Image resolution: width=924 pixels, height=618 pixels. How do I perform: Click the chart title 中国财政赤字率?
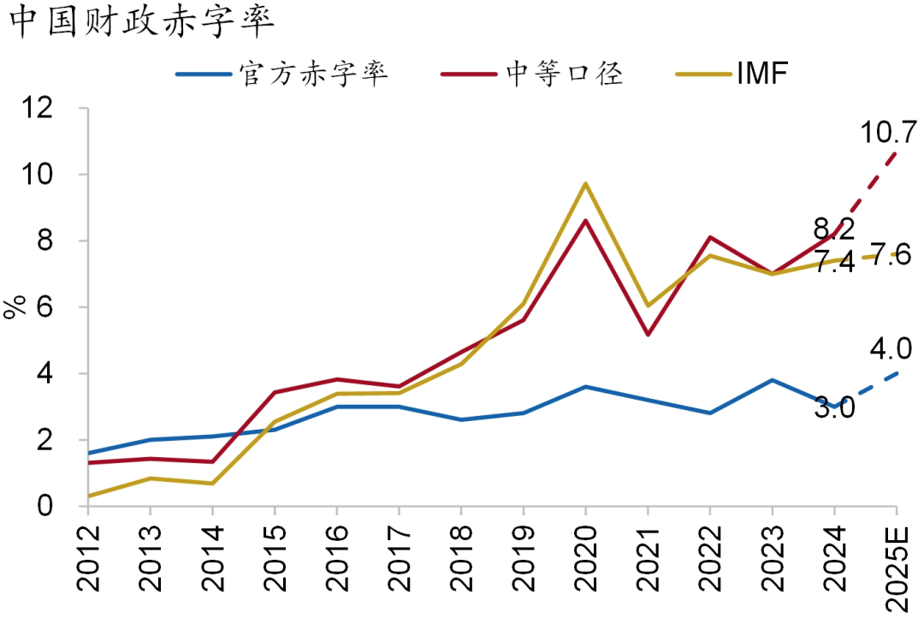tap(141, 23)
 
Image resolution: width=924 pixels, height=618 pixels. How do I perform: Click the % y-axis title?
tap(15, 307)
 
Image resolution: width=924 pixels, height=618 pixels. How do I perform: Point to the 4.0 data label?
tap(890, 350)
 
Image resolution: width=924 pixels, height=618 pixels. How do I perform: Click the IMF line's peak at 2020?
tap(585, 183)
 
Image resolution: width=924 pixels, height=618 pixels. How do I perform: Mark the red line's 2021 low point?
tap(648, 335)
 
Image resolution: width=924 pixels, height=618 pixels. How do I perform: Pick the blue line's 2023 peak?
tap(772, 380)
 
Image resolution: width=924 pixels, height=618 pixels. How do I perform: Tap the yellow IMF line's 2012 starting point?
tap(88, 496)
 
